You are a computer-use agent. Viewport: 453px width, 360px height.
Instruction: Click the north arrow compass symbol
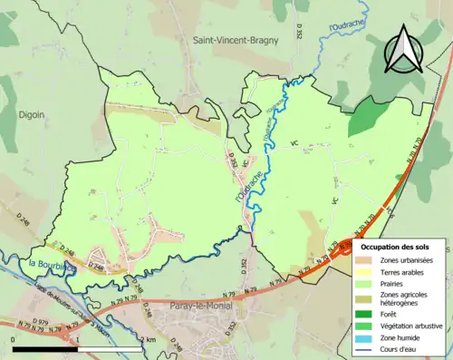tap(404, 49)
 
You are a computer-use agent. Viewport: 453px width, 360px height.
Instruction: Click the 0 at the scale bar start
tap(14, 339)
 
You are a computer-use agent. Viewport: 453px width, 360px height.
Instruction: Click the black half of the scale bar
tap(46, 349)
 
